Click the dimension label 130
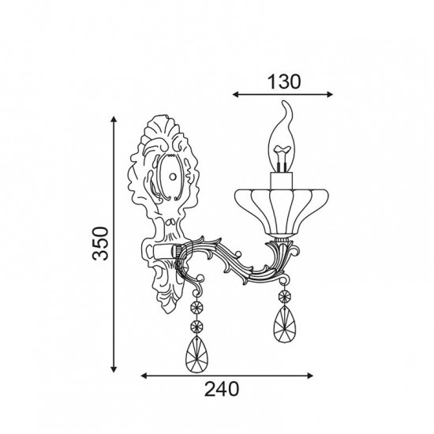click(x=284, y=82)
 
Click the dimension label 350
click(x=100, y=243)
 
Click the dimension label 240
click(x=222, y=389)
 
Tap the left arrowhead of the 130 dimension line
click(x=236, y=95)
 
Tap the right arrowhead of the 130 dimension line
click(x=330, y=95)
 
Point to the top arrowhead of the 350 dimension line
click(x=113, y=119)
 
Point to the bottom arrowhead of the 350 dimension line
click(x=113, y=369)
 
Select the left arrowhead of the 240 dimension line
click(x=144, y=376)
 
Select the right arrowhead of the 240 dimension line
click(x=310, y=376)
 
